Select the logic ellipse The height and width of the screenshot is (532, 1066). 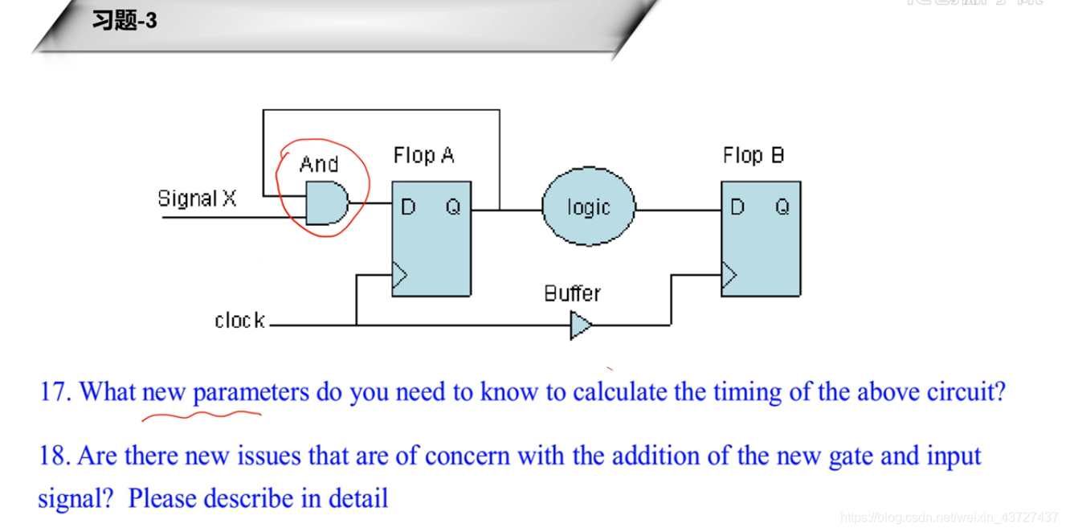coord(588,207)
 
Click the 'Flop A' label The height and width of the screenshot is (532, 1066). coord(423,155)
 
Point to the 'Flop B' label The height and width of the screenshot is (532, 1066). coord(753,155)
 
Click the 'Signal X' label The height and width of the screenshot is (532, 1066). coord(197,198)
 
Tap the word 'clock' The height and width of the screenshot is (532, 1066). coord(239,321)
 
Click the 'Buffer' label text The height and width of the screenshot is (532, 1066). coord(572,293)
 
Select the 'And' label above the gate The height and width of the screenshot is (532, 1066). coord(319,164)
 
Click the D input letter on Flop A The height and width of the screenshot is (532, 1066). coord(408,207)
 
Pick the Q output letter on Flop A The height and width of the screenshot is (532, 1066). coord(453,207)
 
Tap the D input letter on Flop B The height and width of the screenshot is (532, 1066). coord(737,207)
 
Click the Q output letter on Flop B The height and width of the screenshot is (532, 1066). coord(782,207)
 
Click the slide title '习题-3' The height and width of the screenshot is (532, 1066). coord(125,21)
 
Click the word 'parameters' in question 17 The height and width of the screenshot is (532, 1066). coord(251,392)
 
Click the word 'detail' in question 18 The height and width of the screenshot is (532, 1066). coord(358,498)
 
